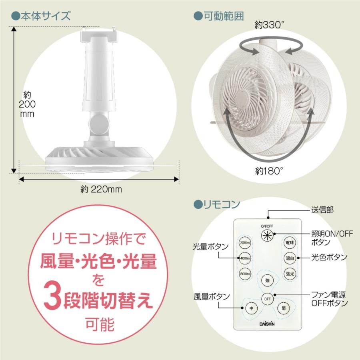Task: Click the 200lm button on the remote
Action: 245,243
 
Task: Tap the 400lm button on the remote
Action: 245,258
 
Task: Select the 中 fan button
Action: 251,308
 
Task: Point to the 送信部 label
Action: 322,209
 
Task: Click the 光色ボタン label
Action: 330,257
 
